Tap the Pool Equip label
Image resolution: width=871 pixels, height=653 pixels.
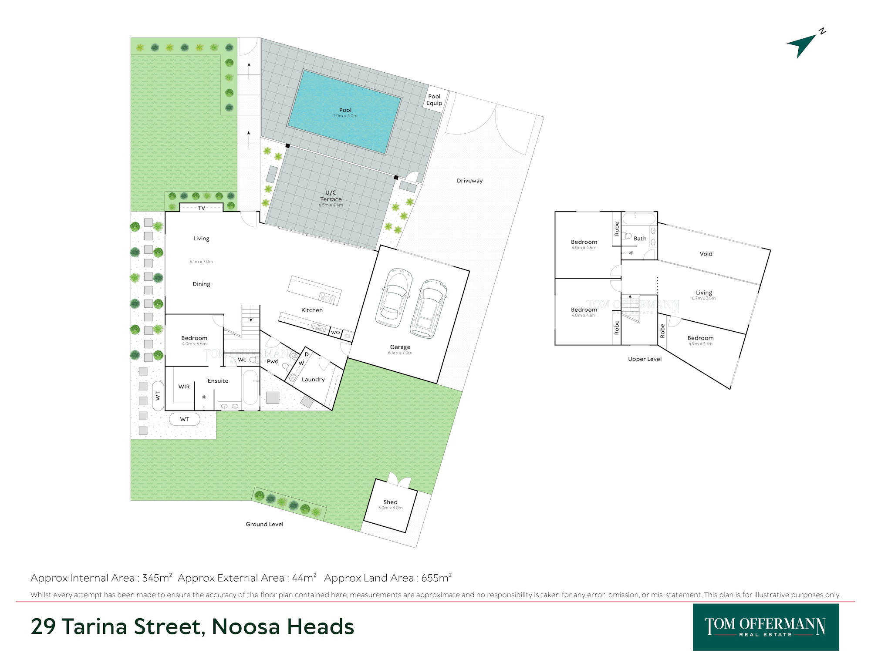(434, 100)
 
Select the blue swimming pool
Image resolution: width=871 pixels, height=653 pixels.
(344, 111)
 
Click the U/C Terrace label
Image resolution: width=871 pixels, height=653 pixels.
(331, 196)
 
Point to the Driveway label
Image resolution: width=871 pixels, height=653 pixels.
(469, 181)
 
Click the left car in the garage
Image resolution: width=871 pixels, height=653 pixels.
(394, 298)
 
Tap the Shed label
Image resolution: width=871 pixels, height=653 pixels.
(390, 502)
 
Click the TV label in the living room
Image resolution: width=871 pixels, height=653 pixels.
(201, 208)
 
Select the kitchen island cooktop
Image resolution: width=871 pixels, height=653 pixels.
(327, 298)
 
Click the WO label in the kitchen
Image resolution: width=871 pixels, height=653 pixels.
(335, 333)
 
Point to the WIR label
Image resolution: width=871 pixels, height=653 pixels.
(184, 387)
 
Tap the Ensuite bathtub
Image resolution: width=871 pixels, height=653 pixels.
(250, 388)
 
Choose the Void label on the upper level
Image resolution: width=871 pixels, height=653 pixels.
(706, 254)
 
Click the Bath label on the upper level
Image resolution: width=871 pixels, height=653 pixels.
(640, 239)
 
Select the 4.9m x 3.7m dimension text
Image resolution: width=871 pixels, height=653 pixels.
(700, 344)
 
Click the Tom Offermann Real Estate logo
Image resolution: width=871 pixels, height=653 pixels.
(766, 627)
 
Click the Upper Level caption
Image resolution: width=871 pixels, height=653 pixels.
(645, 359)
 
